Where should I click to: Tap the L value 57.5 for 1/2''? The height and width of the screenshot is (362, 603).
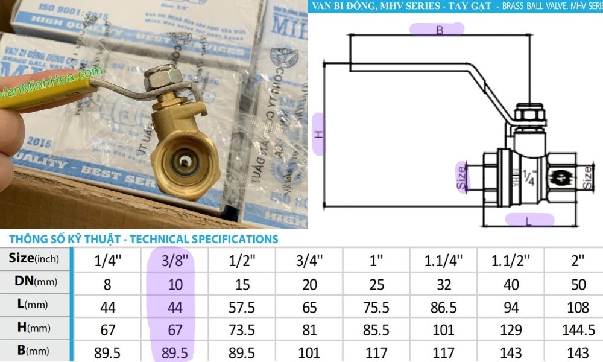coord(241,307)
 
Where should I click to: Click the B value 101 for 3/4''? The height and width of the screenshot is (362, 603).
coord(309,352)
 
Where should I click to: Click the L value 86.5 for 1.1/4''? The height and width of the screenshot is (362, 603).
coord(443,307)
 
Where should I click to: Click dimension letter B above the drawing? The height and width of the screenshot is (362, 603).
coord(439,30)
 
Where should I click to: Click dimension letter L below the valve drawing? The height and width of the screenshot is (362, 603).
coord(529,221)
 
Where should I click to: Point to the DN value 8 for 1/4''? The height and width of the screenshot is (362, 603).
coord(107,283)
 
